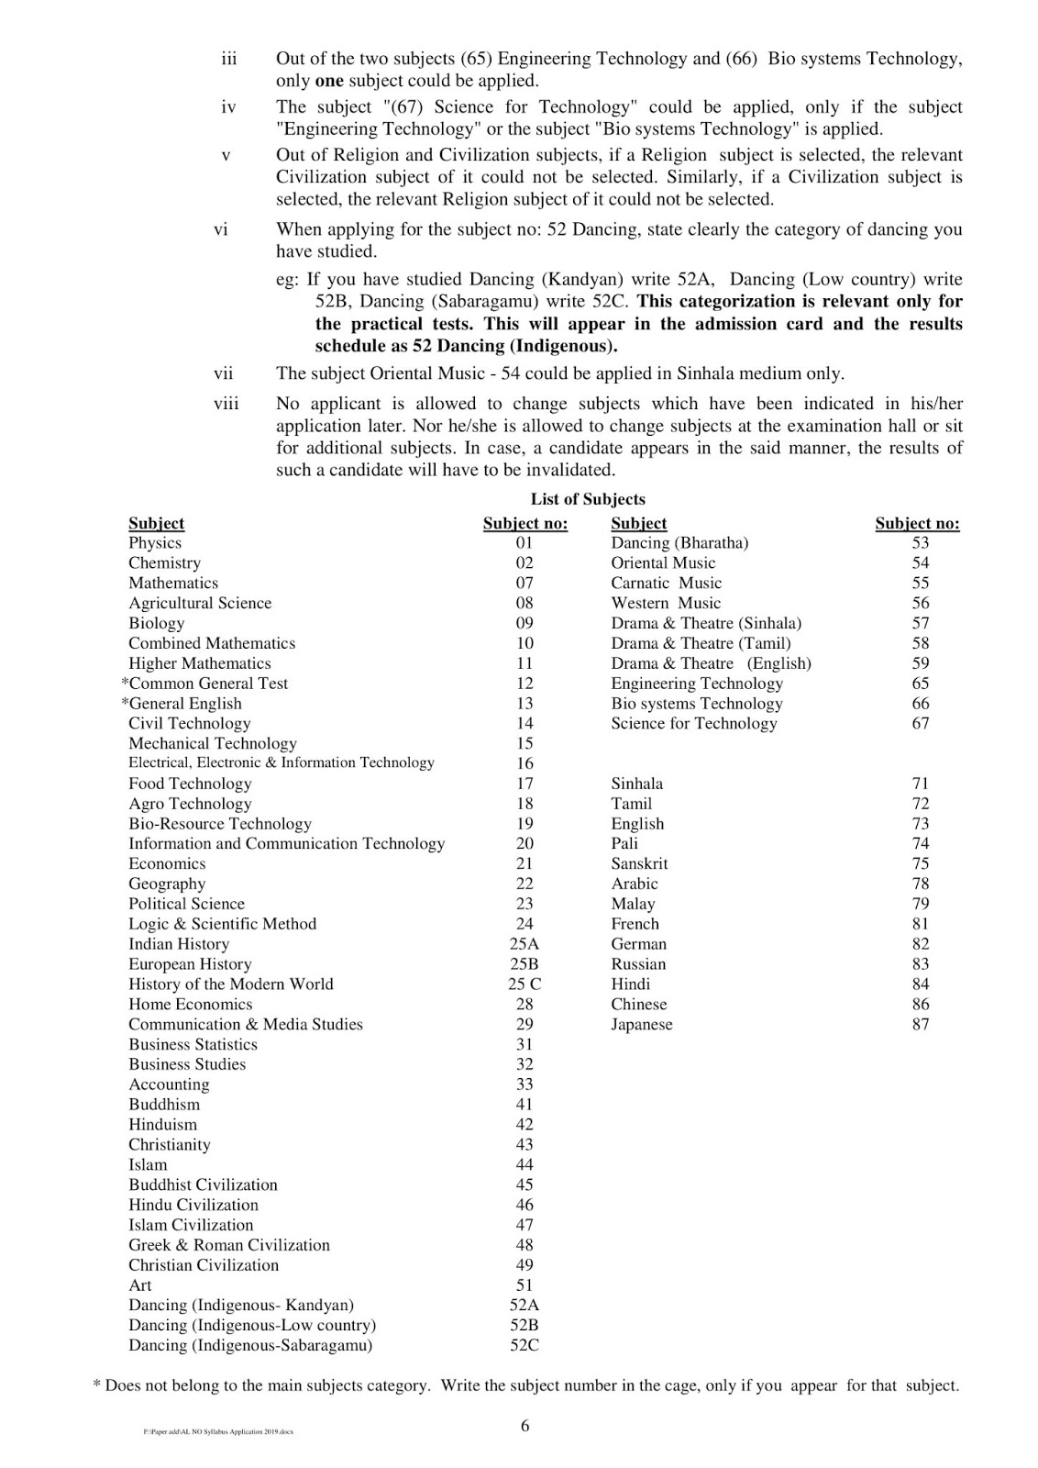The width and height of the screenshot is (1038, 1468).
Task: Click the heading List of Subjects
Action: pyautogui.click(x=588, y=499)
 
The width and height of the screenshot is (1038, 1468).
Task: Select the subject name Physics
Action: pyautogui.click(x=155, y=543)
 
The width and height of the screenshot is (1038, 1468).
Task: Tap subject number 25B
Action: pyautogui.click(x=525, y=964)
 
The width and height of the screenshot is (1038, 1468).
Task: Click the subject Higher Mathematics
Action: pyautogui.click(x=200, y=663)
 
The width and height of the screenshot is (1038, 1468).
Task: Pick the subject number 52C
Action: pyautogui.click(x=525, y=1346)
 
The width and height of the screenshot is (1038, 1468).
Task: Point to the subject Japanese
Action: pyautogui.click(x=642, y=1025)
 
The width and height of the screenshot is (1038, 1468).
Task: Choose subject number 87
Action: pyautogui.click(x=921, y=1025)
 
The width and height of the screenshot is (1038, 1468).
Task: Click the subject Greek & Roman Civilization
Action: pyautogui.click(x=229, y=1245)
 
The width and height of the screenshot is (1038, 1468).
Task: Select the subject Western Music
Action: pyautogui.click(x=667, y=604)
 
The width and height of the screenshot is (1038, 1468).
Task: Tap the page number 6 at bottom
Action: pyautogui.click(x=525, y=1426)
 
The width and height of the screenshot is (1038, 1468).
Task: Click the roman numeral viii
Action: pyautogui.click(x=226, y=404)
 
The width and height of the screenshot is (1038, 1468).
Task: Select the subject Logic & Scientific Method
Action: pyautogui.click(x=223, y=924)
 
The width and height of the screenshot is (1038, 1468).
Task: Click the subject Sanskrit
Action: pyautogui.click(x=640, y=864)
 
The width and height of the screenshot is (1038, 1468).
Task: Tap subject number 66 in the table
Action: pyautogui.click(x=921, y=704)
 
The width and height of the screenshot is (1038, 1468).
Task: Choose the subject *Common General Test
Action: pyautogui.click(x=204, y=684)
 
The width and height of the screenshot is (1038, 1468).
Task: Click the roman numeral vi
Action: pyautogui.click(x=221, y=229)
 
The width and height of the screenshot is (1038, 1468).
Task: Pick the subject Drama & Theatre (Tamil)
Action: pyautogui.click(x=701, y=643)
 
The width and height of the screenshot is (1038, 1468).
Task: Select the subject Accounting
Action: pyautogui.click(x=169, y=1084)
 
